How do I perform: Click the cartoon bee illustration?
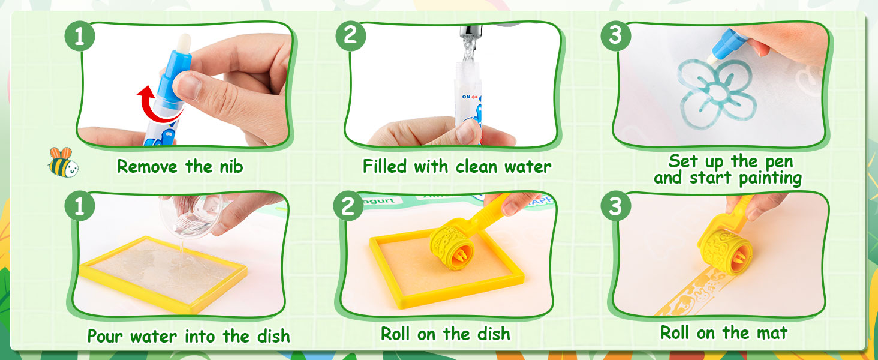(63, 162)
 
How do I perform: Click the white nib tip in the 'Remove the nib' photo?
(184, 43)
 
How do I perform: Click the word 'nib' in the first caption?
(231, 167)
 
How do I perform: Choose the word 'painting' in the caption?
(770, 178)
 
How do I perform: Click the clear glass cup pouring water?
(191, 215)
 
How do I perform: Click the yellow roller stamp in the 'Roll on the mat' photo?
(725, 251)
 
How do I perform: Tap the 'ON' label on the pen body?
(466, 97)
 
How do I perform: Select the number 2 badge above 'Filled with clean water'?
(350, 36)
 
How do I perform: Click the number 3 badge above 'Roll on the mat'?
(615, 206)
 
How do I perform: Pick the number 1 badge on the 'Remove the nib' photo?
(80, 36)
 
